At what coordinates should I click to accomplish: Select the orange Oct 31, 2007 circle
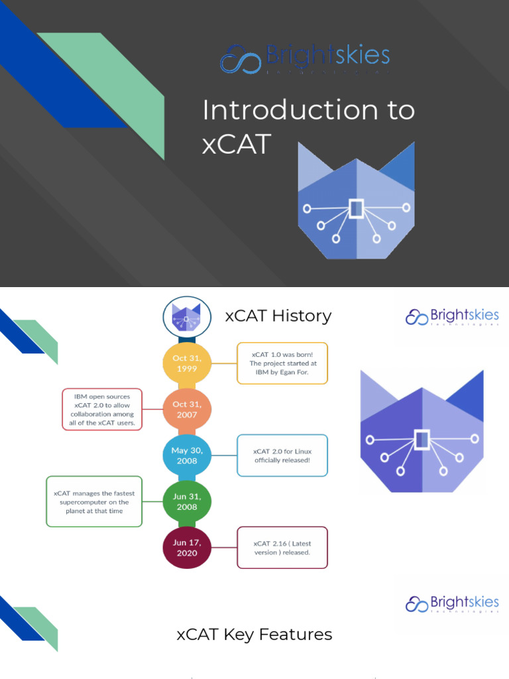point(187,410)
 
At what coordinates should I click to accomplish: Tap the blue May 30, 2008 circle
point(187,456)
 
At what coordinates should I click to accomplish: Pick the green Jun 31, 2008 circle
point(187,501)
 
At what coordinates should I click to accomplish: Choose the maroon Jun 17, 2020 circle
point(187,547)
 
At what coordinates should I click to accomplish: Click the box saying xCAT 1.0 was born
point(282,363)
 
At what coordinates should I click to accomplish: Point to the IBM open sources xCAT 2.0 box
point(102,409)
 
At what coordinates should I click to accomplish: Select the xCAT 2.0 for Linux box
point(282,456)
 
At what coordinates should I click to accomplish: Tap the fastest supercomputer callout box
point(94,501)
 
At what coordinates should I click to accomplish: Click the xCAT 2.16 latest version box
point(282,547)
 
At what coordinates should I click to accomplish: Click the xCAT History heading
point(278,316)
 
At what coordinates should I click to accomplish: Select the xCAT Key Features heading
point(254,635)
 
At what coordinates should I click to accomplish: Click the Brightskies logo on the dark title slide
point(306,58)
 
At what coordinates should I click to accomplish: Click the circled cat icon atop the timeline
point(187,318)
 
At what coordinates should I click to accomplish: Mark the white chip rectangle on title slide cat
point(357,208)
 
